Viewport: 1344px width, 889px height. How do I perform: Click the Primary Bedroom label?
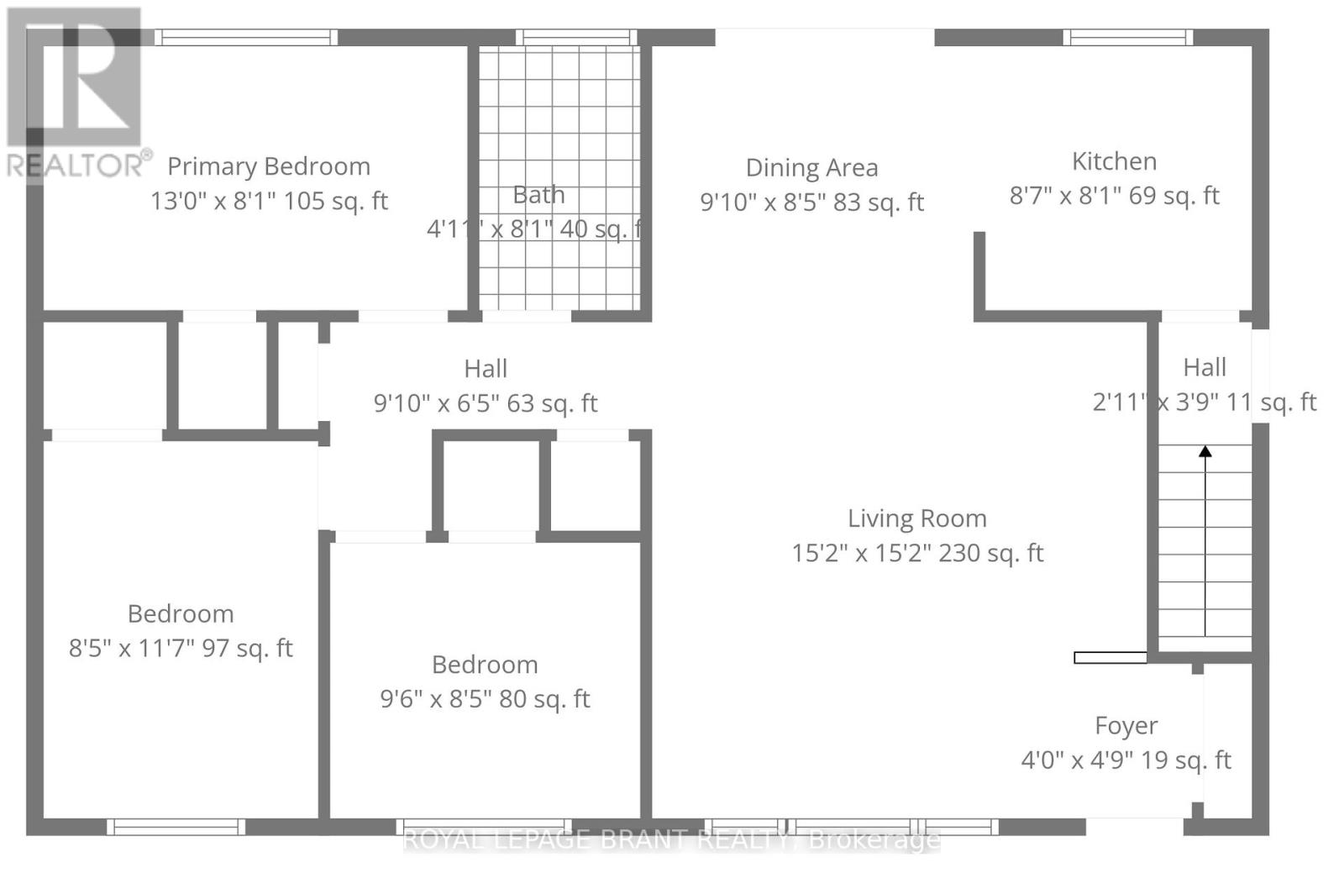click(269, 167)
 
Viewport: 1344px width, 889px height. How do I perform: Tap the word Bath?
click(538, 194)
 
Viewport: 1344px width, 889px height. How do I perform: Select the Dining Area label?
click(811, 167)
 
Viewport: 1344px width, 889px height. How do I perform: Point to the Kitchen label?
click(1114, 160)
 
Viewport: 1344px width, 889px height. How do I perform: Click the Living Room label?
click(916, 518)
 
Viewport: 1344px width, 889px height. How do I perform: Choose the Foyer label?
click(1126, 726)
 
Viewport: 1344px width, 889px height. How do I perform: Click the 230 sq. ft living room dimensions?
click(917, 553)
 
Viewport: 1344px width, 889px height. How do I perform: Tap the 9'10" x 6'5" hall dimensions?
click(486, 402)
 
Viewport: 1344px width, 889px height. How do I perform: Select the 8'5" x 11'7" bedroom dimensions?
click(181, 649)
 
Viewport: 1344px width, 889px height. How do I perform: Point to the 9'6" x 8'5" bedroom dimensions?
click(485, 699)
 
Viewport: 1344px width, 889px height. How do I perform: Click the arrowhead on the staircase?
click(1205, 451)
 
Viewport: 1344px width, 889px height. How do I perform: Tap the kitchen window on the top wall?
click(1128, 37)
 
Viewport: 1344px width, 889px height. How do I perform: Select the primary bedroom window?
click(246, 37)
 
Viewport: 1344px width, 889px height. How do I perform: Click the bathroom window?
click(576, 37)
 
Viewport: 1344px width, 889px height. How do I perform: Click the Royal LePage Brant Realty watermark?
click(671, 839)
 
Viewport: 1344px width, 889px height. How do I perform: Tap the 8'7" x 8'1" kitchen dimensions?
click(1114, 196)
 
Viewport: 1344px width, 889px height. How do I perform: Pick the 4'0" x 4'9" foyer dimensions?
click(1126, 760)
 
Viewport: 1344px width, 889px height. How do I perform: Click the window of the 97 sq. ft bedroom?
click(176, 827)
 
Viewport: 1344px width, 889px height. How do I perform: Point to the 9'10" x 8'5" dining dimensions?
click(811, 203)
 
